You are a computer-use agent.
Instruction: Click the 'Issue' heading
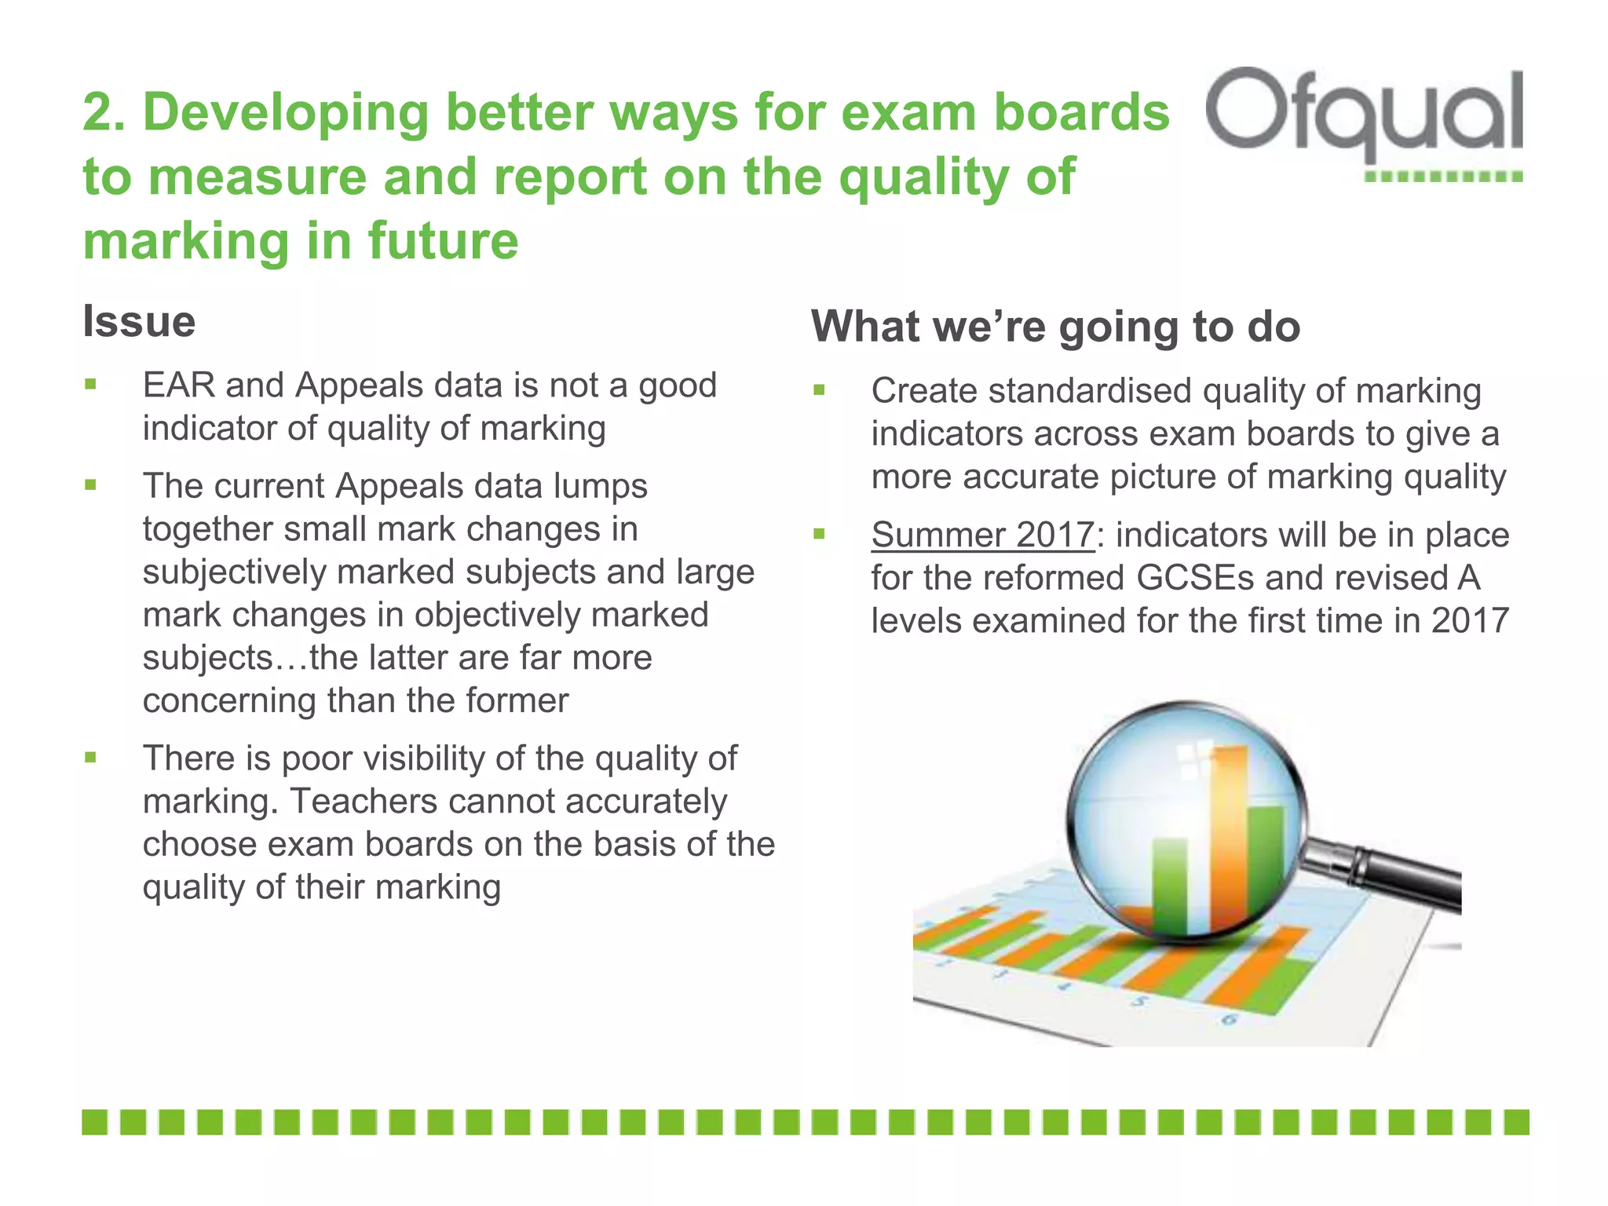139,322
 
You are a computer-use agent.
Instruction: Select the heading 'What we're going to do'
1055,327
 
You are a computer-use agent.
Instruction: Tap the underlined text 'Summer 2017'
982,535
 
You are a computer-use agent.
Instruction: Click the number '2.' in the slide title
105,112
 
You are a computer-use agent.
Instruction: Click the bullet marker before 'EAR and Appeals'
91,385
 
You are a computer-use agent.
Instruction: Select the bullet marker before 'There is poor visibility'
91,758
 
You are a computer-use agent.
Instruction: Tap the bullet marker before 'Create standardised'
819,389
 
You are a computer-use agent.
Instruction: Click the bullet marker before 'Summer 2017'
819,535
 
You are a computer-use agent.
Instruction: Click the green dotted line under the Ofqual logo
1443,177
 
